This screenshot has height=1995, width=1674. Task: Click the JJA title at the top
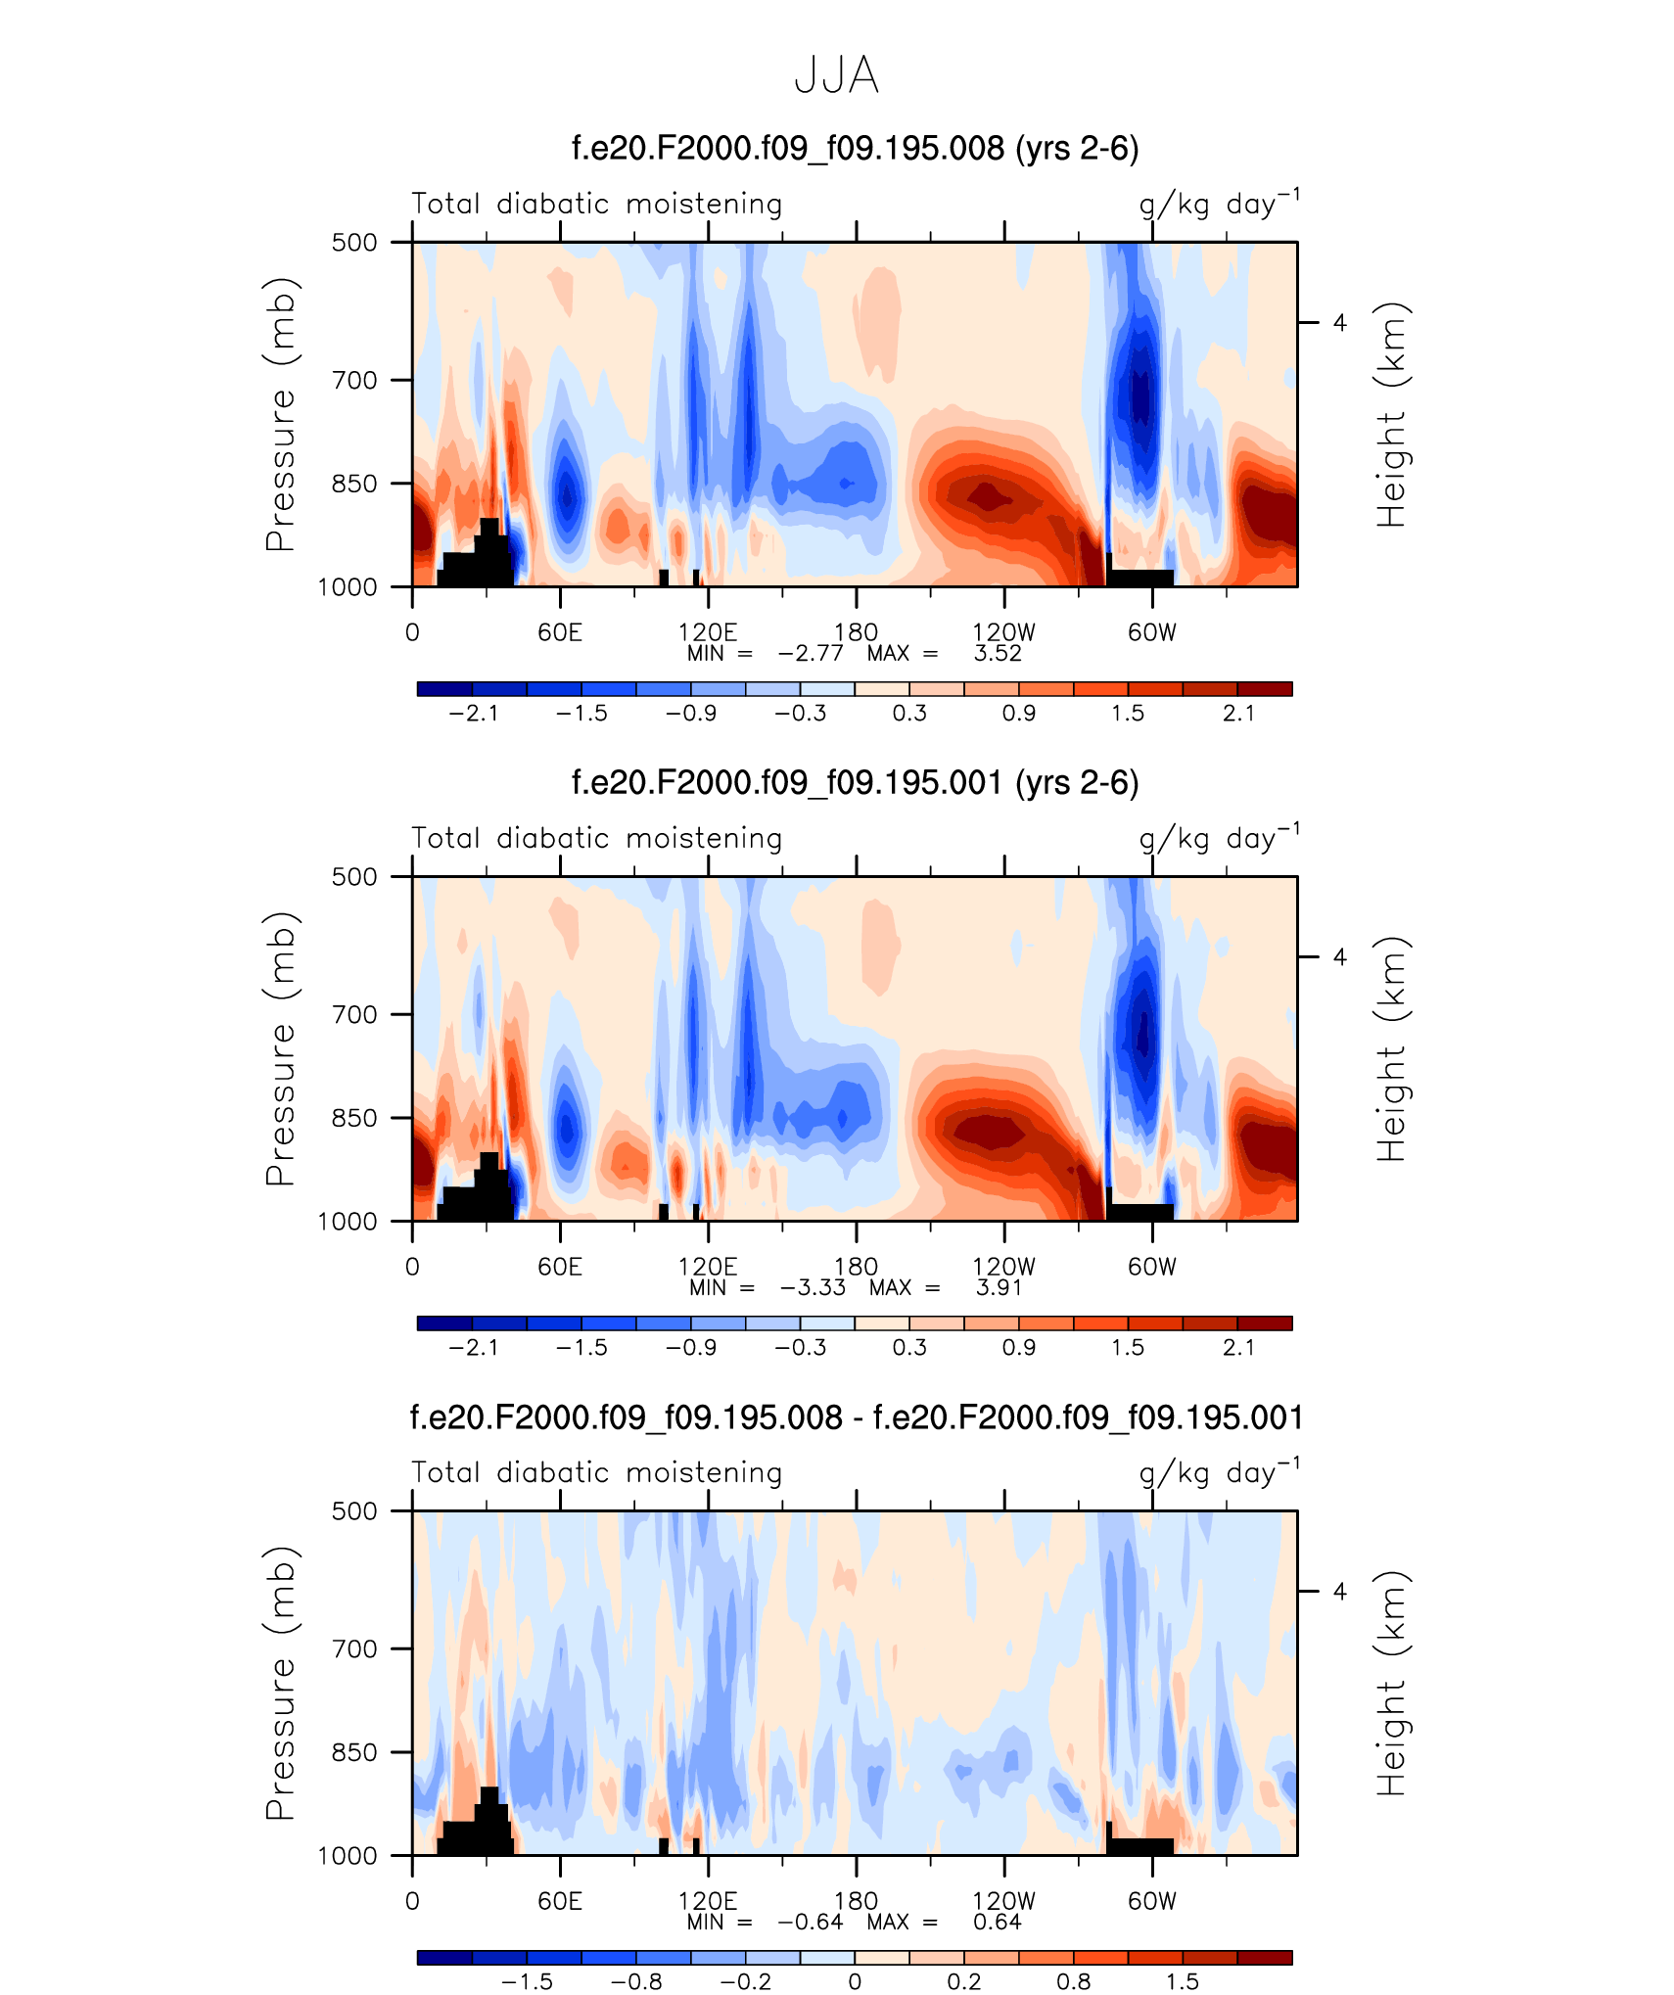tap(836, 76)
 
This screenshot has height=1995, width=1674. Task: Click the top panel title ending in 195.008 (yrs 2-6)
tap(855, 149)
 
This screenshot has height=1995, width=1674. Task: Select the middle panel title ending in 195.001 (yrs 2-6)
tap(855, 783)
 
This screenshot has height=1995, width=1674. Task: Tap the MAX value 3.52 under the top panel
tap(998, 653)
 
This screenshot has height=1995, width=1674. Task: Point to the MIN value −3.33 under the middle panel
tap(813, 1287)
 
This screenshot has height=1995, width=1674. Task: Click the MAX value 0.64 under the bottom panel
tap(998, 1922)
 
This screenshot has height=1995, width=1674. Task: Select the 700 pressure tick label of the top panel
tap(354, 380)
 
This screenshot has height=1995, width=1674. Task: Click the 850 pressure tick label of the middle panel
tap(354, 1118)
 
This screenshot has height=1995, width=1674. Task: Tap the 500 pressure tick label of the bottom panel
tap(354, 1511)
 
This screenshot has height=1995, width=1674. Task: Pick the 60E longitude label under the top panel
tap(560, 632)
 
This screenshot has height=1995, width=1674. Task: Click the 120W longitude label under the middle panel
tap(1003, 1267)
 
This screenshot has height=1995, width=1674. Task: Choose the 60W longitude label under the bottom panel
tap(1151, 1901)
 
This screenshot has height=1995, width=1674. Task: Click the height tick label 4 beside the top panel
tap(1339, 323)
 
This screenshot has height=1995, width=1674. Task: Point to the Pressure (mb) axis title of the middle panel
tap(280, 1048)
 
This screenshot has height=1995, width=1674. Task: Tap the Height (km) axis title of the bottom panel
tap(1390, 1683)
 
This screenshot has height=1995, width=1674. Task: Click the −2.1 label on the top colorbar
tap(474, 714)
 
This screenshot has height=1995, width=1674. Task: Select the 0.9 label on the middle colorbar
tap(1018, 1348)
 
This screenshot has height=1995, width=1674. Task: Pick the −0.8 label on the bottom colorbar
tap(636, 1982)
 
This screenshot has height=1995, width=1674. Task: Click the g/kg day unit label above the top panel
tap(1219, 204)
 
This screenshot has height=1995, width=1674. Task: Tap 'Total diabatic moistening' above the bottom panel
tap(596, 1473)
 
